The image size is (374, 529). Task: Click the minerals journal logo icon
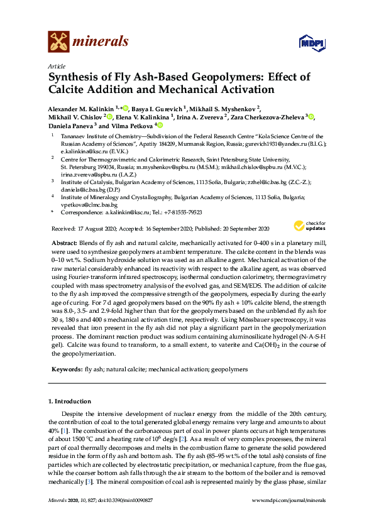pyautogui.click(x=58, y=41)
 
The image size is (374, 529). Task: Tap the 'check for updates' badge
pyautogui.click(x=309, y=227)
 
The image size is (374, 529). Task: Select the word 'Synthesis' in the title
pyautogui.click(x=73, y=77)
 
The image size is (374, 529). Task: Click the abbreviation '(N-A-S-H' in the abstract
pyautogui.click(x=309, y=336)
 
